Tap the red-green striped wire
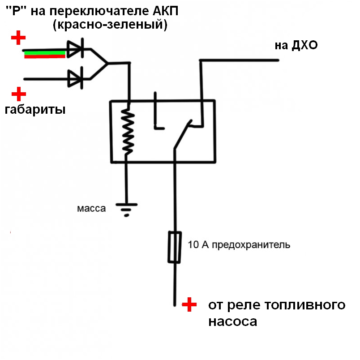(45, 55)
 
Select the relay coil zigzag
(129, 133)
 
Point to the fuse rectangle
(174, 247)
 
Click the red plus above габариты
(19, 94)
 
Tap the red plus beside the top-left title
(18, 38)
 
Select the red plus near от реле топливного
(189, 305)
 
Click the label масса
(91, 209)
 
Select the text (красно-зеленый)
(110, 26)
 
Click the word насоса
(233, 321)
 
